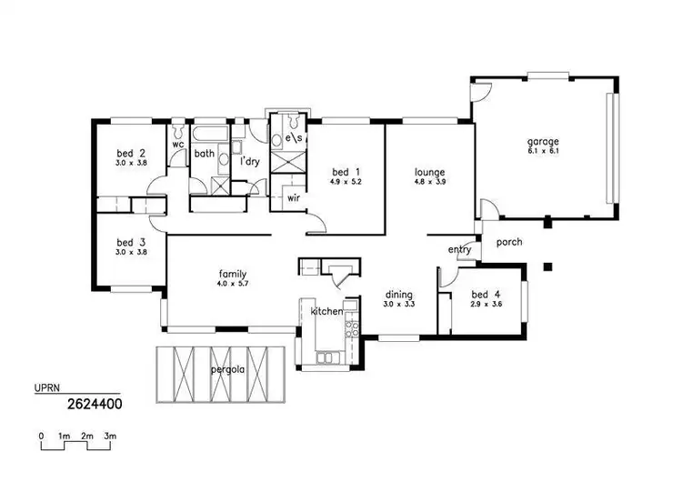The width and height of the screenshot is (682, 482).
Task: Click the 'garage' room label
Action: click(543, 141)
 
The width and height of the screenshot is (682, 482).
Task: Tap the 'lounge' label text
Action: click(429, 172)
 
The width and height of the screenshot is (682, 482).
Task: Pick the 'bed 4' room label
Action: click(485, 295)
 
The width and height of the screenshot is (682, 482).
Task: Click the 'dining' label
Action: click(398, 295)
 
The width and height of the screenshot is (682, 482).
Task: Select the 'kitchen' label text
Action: click(327, 312)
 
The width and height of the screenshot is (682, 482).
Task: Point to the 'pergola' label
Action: click(226, 371)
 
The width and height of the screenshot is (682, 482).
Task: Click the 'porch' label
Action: click(509, 243)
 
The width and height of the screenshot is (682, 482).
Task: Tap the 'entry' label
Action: click(458, 250)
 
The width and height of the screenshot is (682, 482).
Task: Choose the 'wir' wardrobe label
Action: click(294, 196)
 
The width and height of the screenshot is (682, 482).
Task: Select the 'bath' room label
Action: click(204, 154)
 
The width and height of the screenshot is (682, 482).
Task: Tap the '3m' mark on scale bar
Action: click(109, 437)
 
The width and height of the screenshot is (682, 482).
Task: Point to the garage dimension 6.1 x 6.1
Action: click(543, 151)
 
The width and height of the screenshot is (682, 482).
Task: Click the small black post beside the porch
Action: click(547, 266)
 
